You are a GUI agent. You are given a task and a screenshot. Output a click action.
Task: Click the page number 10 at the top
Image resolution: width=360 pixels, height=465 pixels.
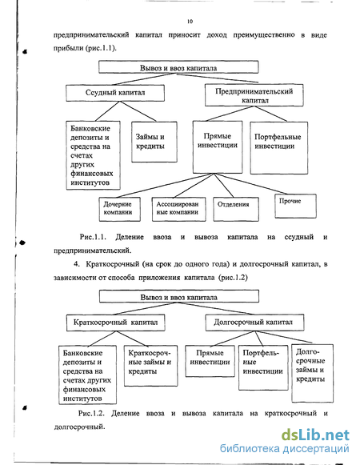point(190,22)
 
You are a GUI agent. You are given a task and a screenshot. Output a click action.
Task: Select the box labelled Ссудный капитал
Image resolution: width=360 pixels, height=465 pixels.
point(115,93)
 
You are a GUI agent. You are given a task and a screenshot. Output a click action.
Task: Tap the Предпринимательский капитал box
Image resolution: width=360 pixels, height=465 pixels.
point(254,95)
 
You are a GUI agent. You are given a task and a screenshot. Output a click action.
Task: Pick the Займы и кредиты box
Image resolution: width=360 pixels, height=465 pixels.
point(154,142)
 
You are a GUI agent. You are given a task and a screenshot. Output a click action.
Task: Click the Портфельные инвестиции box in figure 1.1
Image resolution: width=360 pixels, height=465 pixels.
point(278,148)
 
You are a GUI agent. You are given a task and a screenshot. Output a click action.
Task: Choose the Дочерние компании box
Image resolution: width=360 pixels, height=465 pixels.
point(119,210)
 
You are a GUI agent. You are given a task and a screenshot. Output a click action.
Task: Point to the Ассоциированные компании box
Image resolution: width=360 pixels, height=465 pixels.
point(179,210)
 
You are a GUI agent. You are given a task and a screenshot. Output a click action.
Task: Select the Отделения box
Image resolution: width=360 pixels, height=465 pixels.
point(236,210)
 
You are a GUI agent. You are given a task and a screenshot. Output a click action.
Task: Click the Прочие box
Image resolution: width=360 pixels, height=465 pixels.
point(295,206)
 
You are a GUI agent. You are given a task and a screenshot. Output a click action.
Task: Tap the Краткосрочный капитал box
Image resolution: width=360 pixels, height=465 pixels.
point(116,323)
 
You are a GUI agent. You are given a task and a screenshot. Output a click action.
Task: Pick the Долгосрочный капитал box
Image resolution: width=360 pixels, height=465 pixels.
point(254,323)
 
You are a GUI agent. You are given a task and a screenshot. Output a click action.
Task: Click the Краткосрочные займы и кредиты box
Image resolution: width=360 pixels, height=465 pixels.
point(150,366)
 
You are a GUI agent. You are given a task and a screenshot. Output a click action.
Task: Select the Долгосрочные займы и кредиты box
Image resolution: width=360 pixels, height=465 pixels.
point(312,373)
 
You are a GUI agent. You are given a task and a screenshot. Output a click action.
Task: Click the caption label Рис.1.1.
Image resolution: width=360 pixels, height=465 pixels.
point(93,237)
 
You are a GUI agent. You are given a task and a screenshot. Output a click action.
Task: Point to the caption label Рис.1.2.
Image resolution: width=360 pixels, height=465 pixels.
point(91,414)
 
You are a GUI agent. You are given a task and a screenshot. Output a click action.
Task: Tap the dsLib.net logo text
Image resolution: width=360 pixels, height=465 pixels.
point(315,435)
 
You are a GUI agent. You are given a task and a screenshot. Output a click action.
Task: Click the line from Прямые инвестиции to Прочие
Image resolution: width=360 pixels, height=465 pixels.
point(251,184)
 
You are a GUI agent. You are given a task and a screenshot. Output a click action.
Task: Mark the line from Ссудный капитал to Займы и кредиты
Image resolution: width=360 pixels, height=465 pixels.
point(138,111)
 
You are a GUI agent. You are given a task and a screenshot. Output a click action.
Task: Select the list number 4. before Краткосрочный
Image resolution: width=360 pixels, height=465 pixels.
point(77,264)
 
